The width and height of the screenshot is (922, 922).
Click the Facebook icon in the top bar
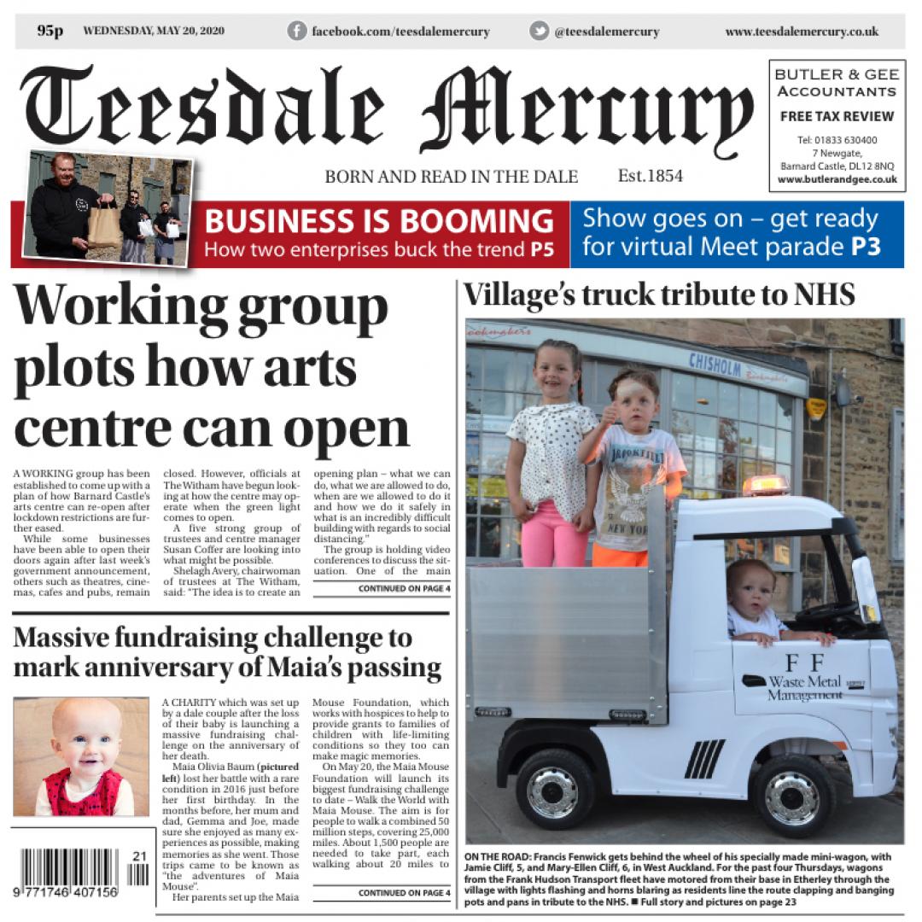pyautogui.click(x=297, y=31)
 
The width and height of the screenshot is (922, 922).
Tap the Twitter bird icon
pyautogui.click(x=539, y=31)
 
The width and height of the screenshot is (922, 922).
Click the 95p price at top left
pyautogui.click(x=50, y=31)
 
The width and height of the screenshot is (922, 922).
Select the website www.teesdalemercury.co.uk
pyautogui.click(x=802, y=32)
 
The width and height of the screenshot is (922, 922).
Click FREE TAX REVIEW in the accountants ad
pyautogui.click(x=837, y=116)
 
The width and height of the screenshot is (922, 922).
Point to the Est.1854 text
pyautogui.click(x=650, y=176)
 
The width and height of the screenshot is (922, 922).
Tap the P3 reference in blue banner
pyautogui.click(x=865, y=248)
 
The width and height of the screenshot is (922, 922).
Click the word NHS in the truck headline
pyautogui.click(x=819, y=295)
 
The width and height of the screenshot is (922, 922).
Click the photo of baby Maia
pyautogui.click(x=82, y=756)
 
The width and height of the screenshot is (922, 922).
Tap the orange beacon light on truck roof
pyautogui.click(x=765, y=485)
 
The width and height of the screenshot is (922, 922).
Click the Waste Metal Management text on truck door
pyautogui.click(x=802, y=688)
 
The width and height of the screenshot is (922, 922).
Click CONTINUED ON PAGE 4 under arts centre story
pyautogui.click(x=404, y=588)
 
